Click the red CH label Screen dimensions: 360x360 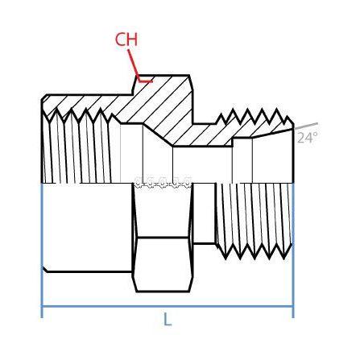[x=126, y=39]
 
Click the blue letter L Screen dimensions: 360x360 [x=168, y=320]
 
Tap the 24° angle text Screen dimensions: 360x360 [x=307, y=138]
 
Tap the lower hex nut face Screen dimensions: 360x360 [x=163, y=264]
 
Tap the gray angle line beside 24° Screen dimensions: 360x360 [x=306, y=126]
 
